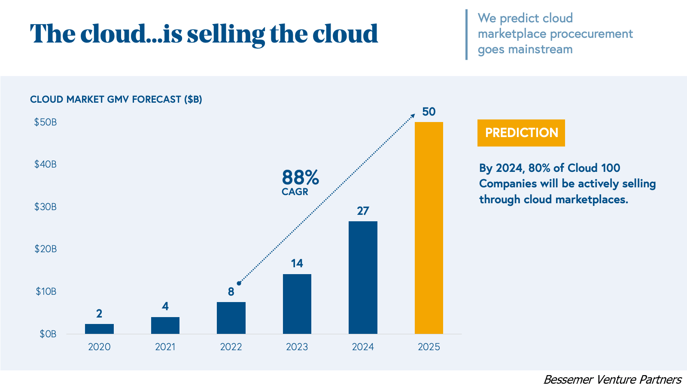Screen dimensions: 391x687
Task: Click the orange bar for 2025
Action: point(429,228)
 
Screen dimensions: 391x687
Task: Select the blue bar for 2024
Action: point(363,278)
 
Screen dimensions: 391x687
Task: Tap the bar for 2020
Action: point(99,329)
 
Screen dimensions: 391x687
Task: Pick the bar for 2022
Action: point(231,318)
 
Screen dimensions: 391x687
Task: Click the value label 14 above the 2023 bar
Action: point(297,263)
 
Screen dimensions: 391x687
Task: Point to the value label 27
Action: point(363,211)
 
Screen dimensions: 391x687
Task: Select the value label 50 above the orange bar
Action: point(429,112)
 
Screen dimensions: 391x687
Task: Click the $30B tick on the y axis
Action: point(46,207)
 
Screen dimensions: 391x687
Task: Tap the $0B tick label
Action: point(48,334)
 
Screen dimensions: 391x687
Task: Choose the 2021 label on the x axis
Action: point(165,347)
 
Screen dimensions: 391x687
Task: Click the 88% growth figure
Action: point(300,177)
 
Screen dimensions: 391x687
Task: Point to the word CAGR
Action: point(295,192)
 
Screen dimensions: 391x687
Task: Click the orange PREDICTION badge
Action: point(521,133)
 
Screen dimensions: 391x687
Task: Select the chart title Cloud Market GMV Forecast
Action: point(116,99)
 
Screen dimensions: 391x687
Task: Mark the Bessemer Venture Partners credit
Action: point(612,379)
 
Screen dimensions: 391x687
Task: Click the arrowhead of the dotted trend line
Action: point(413,116)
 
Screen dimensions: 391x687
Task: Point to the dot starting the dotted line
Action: point(239,283)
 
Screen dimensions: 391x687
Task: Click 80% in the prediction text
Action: point(539,168)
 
